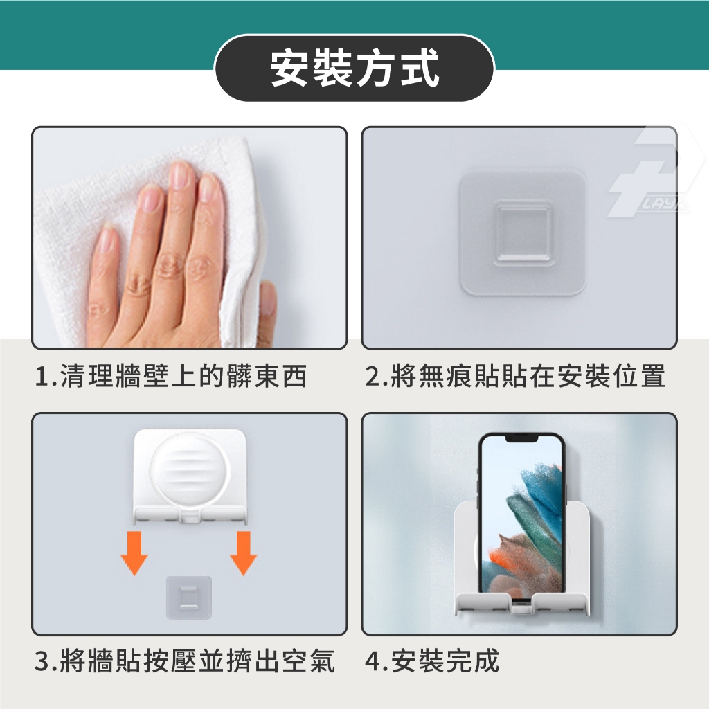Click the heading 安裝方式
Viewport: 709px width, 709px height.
354,67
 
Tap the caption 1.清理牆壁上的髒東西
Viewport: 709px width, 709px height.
171,376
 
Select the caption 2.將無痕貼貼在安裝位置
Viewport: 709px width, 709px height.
515,376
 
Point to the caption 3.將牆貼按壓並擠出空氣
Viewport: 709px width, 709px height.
184,661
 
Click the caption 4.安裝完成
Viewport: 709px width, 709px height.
432,661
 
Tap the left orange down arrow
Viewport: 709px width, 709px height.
134,553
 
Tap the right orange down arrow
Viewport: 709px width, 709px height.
243,553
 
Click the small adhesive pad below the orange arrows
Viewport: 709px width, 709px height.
189,598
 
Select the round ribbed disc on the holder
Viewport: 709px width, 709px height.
190,470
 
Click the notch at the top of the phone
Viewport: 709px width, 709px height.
521,438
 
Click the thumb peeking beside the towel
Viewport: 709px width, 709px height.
267,298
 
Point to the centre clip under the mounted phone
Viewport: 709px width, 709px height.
522,606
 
